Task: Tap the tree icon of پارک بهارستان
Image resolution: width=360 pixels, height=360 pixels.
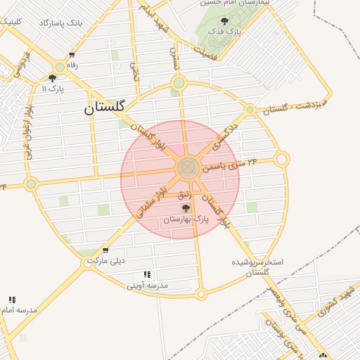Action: [x=186, y=208]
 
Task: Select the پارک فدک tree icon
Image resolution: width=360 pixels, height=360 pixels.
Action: [x=224, y=22]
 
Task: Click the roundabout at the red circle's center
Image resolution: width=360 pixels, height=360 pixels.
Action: [x=187, y=168]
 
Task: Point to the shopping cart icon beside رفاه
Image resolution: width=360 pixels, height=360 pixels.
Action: [x=72, y=56]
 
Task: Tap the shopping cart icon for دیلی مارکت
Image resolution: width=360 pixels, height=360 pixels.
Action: [x=105, y=250]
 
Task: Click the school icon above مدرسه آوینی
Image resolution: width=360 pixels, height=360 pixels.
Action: [x=147, y=274]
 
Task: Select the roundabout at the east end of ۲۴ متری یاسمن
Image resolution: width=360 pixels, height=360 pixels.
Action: [x=282, y=160]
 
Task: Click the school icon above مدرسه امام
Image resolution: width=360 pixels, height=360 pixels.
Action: [x=12, y=300]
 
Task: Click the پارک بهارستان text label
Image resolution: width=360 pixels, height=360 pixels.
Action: [x=186, y=220]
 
